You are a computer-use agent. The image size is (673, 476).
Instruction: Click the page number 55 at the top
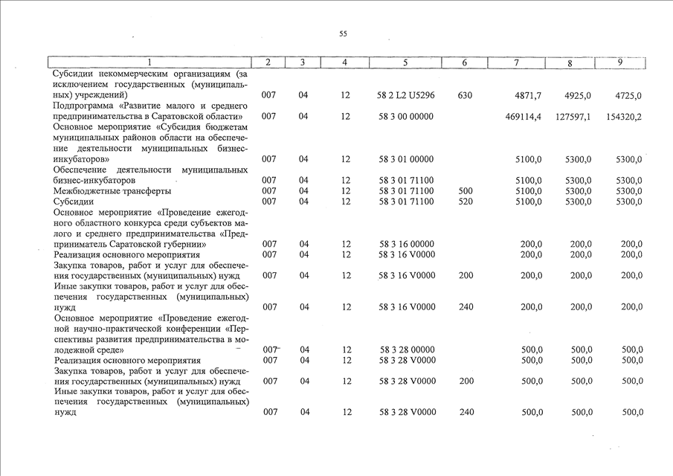[343, 33]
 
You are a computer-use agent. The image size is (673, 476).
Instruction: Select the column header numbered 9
[619, 62]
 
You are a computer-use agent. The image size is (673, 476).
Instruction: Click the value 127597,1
[573, 117]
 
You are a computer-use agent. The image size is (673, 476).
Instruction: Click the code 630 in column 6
[466, 96]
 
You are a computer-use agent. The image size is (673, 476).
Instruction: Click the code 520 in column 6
[466, 202]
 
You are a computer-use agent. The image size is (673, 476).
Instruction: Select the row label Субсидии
[73, 202]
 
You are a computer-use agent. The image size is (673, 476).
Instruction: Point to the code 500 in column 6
[466, 191]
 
